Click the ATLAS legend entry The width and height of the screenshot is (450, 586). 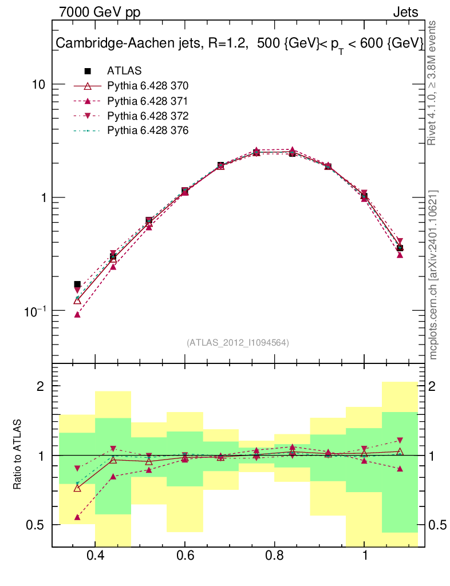(x=124, y=71)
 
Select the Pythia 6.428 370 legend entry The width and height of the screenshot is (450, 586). (x=148, y=86)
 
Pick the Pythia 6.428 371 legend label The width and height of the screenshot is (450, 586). (x=148, y=101)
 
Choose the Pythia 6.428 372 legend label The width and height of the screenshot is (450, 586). (x=148, y=116)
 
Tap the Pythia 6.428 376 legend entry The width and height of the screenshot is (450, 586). (x=148, y=130)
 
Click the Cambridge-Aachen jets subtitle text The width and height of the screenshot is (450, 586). (x=239, y=43)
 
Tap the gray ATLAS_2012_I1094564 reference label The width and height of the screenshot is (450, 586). (x=238, y=343)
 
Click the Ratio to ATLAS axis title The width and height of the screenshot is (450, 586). (x=18, y=455)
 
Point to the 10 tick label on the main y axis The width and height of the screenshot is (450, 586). (x=39, y=84)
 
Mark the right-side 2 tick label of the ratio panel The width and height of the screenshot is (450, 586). (x=433, y=386)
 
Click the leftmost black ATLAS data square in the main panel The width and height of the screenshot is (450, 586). (x=77, y=284)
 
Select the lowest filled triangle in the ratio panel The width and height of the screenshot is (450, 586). (x=77, y=517)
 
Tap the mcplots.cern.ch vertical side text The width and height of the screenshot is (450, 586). (x=433, y=275)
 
